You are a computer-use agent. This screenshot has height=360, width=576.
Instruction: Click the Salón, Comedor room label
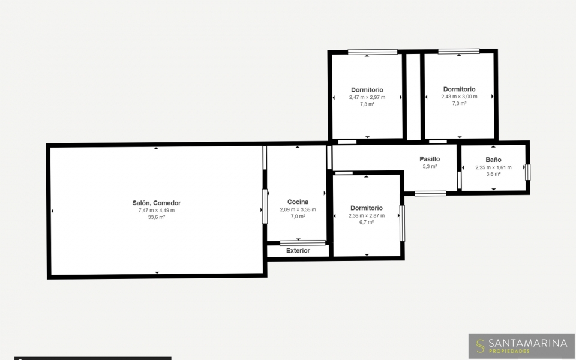157,203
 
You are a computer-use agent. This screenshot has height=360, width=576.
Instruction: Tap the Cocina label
298,202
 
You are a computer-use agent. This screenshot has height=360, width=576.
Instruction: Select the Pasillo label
430,159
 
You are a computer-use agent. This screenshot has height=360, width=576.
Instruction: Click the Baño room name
493,160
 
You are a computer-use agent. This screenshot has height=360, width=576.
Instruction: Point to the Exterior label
298,251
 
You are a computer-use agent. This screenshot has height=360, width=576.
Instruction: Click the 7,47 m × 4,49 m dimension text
157,211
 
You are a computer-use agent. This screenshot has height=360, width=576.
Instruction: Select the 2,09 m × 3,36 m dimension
298,210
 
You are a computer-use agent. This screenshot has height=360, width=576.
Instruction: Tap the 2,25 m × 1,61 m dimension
493,167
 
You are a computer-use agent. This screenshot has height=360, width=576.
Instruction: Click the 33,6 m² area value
157,217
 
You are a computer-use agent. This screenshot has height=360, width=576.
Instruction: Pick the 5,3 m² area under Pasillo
430,166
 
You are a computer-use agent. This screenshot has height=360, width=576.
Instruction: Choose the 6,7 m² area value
367,222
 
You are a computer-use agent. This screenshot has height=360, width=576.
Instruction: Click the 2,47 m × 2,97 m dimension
367,97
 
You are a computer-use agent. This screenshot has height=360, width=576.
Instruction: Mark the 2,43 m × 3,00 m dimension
459,97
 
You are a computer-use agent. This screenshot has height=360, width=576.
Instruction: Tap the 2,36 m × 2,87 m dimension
367,215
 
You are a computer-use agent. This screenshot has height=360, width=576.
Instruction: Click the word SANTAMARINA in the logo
528,343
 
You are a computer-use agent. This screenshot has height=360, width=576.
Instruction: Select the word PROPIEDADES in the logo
509,351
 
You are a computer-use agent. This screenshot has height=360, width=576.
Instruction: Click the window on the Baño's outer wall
528,172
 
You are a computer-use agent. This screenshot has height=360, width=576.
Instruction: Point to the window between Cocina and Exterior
302,243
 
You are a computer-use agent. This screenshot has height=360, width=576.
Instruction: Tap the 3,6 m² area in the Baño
493,174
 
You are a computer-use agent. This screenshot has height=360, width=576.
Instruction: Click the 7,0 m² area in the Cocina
298,217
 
